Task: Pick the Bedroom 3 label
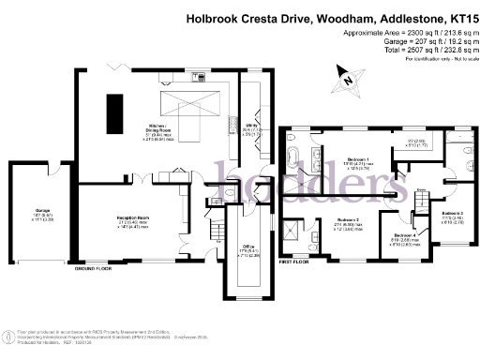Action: tap(453, 215)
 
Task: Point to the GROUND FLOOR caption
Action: tap(96, 268)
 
